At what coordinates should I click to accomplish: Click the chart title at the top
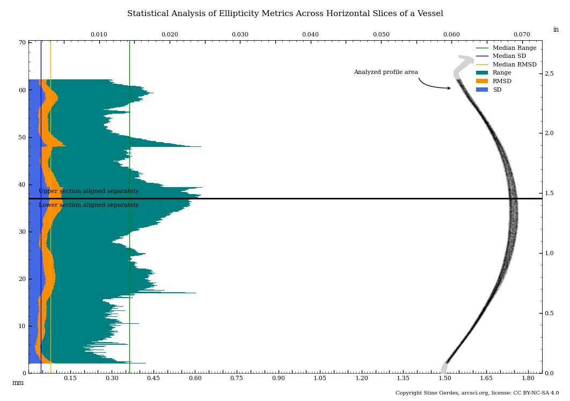click(x=285, y=14)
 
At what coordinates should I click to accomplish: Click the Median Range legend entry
click(x=514, y=48)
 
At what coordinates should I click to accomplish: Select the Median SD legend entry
click(x=509, y=56)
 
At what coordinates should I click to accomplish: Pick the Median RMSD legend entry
click(x=514, y=65)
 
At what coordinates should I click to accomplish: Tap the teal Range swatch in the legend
click(x=482, y=73)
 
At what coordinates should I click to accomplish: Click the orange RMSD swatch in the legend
click(x=482, y=81)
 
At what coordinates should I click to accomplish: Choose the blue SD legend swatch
click(x=482, y=90)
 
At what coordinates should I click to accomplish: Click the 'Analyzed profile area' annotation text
click(x=385, y=72)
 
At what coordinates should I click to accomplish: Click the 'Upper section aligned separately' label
click(x=89, y=191)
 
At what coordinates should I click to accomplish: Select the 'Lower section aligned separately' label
click(x=89, y=205)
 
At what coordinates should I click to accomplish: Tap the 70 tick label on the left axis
click(x=22, y=43)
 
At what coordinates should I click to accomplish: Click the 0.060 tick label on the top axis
click(x=451, y=35)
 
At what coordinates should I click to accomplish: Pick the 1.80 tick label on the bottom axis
click(x=528, y=378)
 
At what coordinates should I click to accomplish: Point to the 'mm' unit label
click(x=18, y=383)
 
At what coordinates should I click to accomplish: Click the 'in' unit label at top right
click(x=556, y=30)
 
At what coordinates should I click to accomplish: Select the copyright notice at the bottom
click(x=477, y=393)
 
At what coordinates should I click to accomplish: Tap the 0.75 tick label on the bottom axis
click(x=237, y=378)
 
